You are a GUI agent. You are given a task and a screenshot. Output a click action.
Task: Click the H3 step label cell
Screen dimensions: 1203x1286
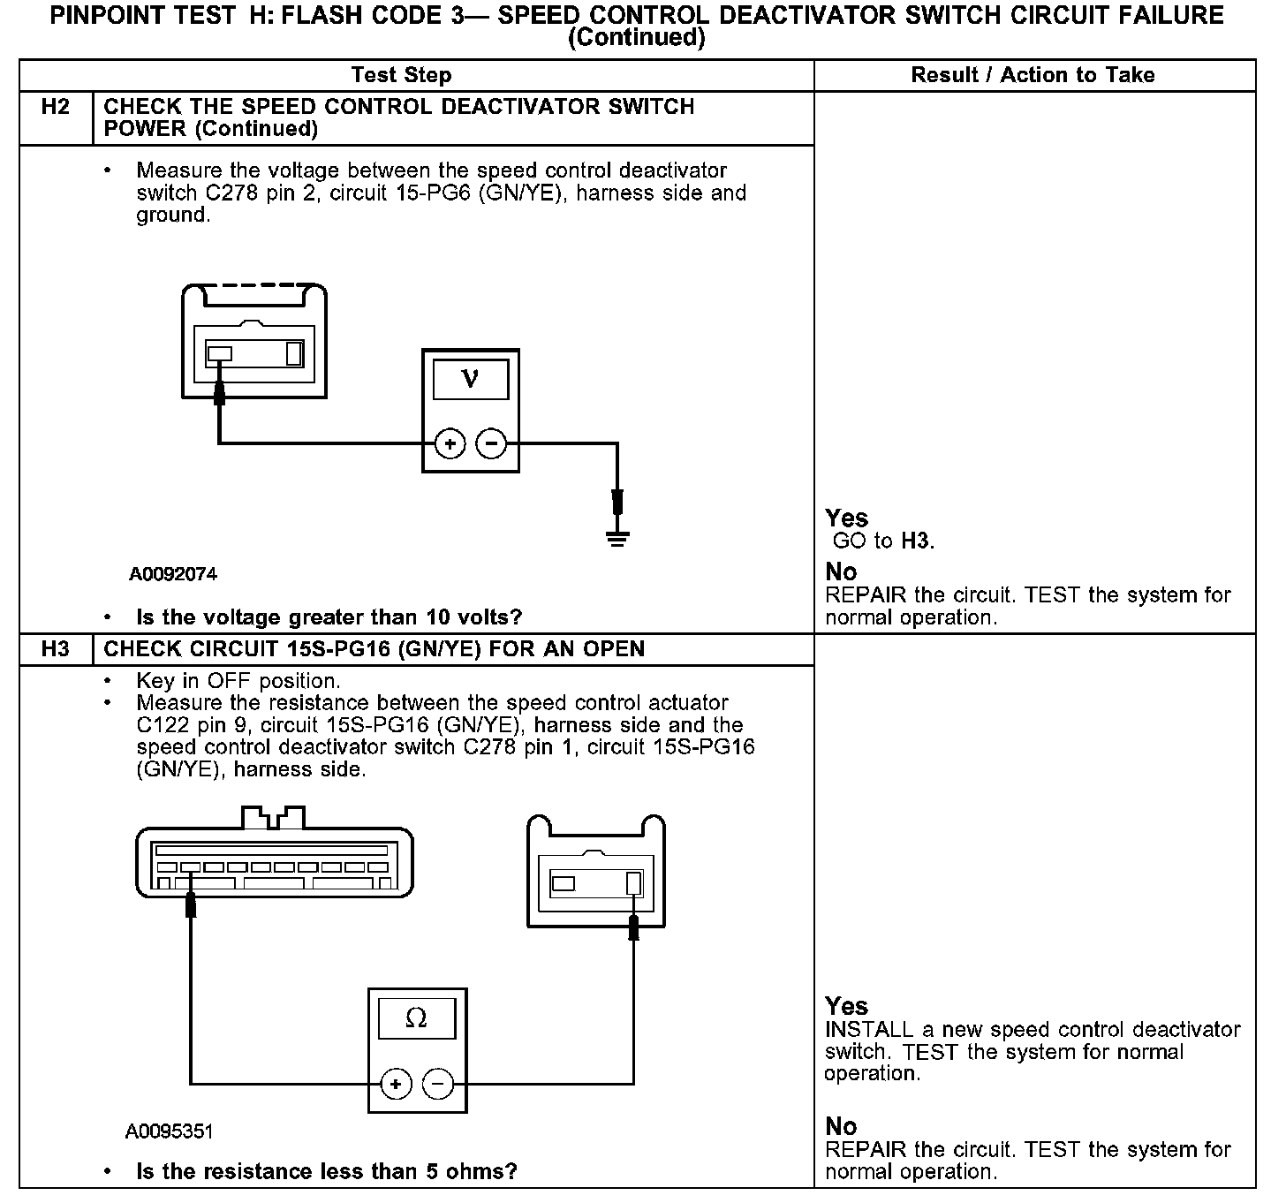(x=55, y=649)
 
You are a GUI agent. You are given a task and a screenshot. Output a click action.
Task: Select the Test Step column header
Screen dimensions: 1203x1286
(x=401, y=75)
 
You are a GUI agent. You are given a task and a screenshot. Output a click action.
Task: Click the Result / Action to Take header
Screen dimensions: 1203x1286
(x=1033, y=75)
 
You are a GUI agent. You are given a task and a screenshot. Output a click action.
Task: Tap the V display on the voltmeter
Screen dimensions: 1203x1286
(x=471, y=380)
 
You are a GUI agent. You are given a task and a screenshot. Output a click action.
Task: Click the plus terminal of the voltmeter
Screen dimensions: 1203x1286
(x=450, y=443)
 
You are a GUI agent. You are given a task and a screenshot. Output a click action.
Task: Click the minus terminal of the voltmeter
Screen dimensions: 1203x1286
(x=492, y=443)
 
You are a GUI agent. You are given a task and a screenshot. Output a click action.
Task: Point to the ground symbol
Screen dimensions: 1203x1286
(x=618, y=537)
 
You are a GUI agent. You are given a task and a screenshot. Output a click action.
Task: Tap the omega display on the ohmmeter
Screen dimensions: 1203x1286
(x=417, y=1019)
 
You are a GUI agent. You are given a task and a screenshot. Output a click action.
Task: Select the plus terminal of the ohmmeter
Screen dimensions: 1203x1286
(x=396, y=1083)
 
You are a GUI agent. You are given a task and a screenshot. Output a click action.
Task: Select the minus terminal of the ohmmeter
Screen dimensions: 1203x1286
(x=438, y=1083)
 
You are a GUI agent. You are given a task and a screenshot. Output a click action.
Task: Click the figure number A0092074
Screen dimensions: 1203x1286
(x=173, y=574)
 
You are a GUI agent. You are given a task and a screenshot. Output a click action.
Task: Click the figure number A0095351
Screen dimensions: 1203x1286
(x=170, y=1131)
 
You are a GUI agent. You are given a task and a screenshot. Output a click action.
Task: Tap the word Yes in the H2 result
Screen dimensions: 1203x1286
(x=846, y=518)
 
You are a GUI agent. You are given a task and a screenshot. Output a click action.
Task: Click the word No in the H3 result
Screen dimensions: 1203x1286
(x=841, y=1126)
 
